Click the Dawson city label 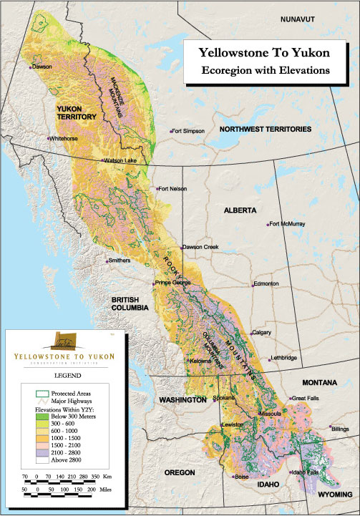[42, 67]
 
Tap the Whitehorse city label [63, 138]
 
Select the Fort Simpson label [188, 131]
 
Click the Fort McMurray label [288, 224]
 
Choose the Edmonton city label [265, 284]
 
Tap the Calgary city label [261, 333]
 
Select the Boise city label [241, 477]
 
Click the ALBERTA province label [240, 211]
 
